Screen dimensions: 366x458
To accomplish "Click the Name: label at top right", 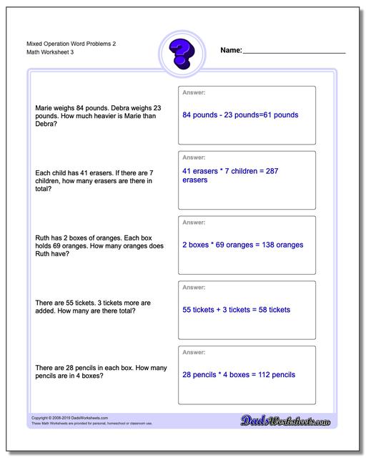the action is pyautogui.click(x=231, y=51).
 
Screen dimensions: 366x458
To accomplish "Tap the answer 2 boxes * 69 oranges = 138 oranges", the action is pyautogui.click(x=243, y=245).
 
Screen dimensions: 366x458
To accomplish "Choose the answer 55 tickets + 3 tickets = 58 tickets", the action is pyautogui.click(x=236, y=310).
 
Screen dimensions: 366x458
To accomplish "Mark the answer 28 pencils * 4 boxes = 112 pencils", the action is pyautogui.click(x=239, y=374).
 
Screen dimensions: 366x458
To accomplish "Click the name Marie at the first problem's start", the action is pyautogui.click(x=44, y=108).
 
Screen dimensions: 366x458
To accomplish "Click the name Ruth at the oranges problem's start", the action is pyautogui.click(x=42, y=237).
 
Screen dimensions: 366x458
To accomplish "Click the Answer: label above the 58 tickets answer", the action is pyautogui.click(x=194, y=287).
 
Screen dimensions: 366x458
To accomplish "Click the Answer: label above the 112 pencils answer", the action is pyautogui.click(x=194, y=352).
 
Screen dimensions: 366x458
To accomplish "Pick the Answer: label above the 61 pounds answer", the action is pyautogui.click(x=194, y=92).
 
